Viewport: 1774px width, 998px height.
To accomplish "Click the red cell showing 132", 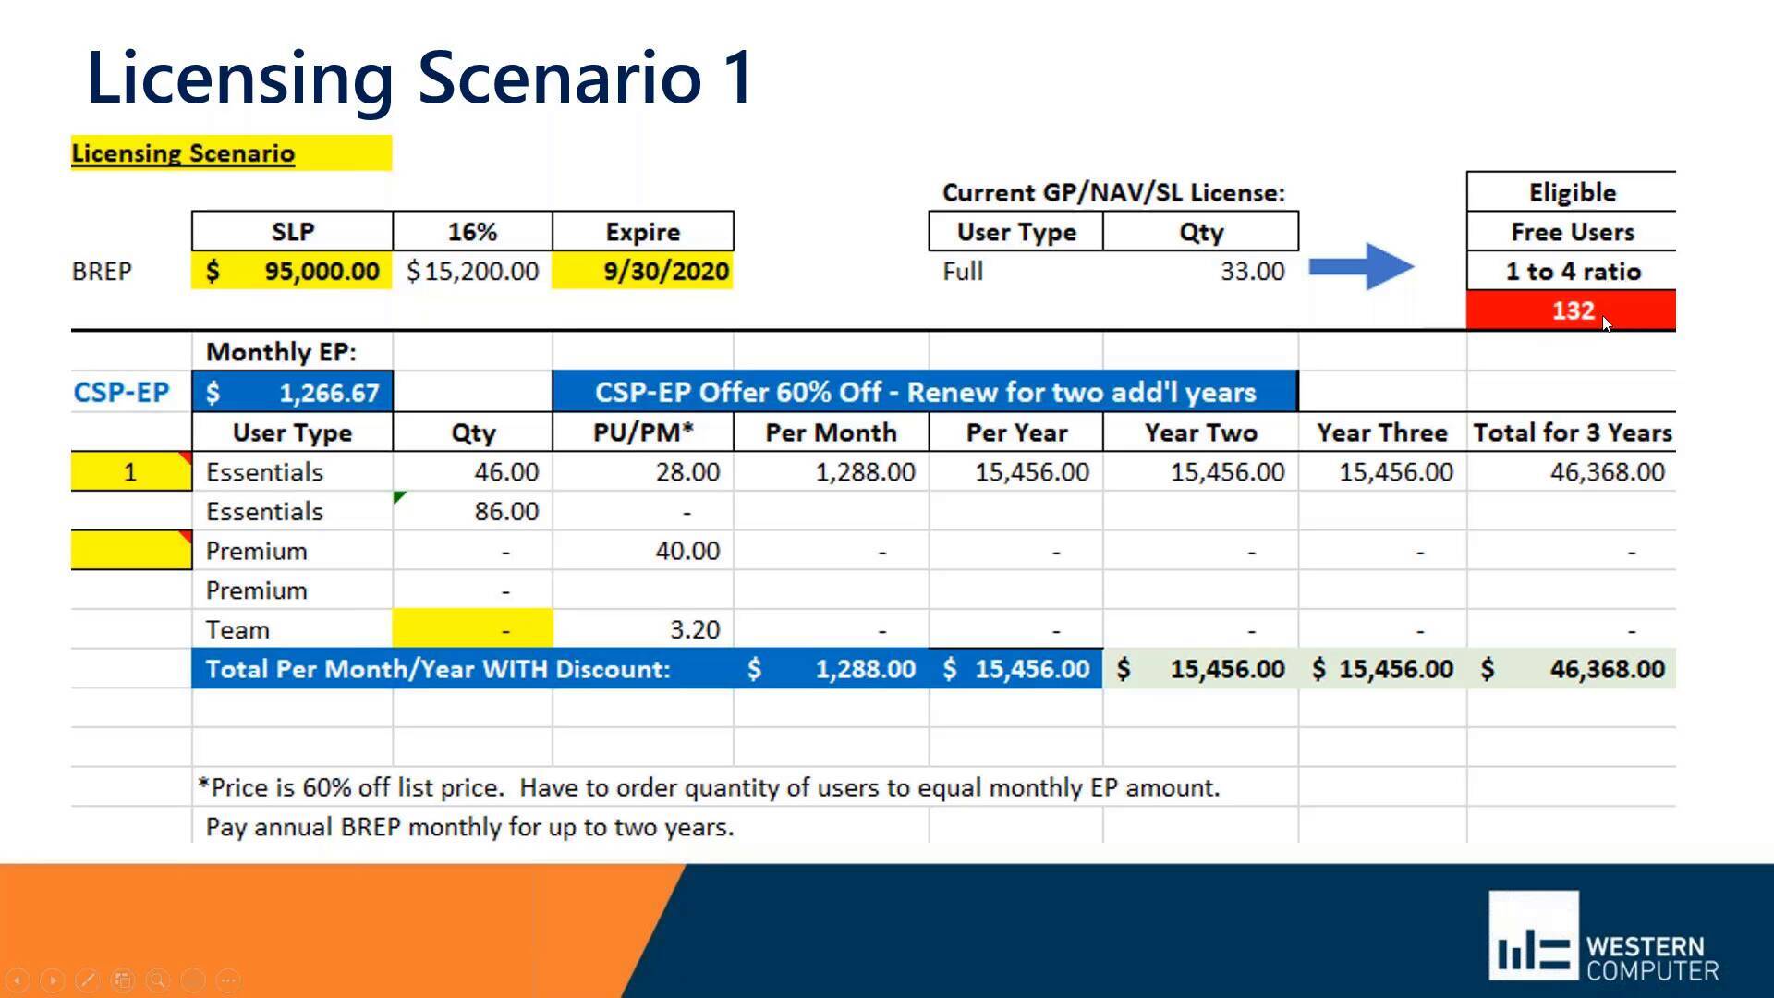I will pyautogui.click(x=1571, y=310).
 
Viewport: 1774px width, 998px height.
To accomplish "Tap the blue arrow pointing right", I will pyautogui.click(x=1361, y=268).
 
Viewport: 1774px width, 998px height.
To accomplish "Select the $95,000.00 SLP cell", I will pyautogui.click(x=292, y=271).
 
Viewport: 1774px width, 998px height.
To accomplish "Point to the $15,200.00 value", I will pyautogui.click(x=472, y=271).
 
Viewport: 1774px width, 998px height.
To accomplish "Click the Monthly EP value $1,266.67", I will pyautogui.click(x=292, y=393).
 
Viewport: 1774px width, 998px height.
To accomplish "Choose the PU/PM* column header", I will pyautogui.click(x=643, y=432).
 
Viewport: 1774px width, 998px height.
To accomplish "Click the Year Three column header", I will pyautogui.click(x=1381, y=432).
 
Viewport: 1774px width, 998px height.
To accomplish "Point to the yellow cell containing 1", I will pyautogui.click(x=130, y=472).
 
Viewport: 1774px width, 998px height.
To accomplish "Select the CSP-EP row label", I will pyautogui.click(x=121, y=392).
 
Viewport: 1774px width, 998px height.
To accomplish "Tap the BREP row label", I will pyautogui.click(x=102, y=271).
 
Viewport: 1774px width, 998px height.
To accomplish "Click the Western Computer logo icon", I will pyautogui.click(x=1533, y=935).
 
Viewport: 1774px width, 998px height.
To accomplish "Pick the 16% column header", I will pyautogui.click(x=472, y=231).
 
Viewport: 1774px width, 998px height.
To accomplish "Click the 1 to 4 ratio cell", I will pyautogui.click(x=1572, y=271).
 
